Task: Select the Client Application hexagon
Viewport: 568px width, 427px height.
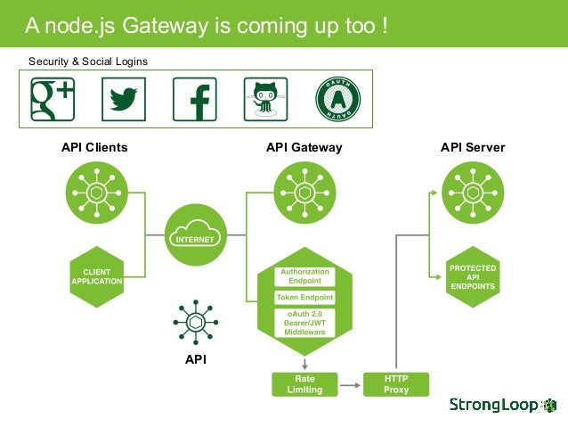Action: [96, 276]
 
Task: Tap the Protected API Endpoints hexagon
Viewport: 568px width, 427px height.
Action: [473, 276]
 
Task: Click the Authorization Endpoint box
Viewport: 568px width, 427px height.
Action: [304, 275]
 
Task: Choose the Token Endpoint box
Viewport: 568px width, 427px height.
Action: [304, 298]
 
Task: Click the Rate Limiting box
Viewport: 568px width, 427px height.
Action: [304, 384]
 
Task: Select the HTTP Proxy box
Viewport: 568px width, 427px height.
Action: [396, 384]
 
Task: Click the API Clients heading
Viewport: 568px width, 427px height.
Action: [94, 147]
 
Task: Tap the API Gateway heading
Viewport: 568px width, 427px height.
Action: [304, 147]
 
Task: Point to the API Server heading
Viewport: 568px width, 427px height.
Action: [473, 147]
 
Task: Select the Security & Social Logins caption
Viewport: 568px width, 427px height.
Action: [88, 61]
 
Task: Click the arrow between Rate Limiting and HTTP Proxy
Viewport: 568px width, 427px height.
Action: [351, 384]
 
